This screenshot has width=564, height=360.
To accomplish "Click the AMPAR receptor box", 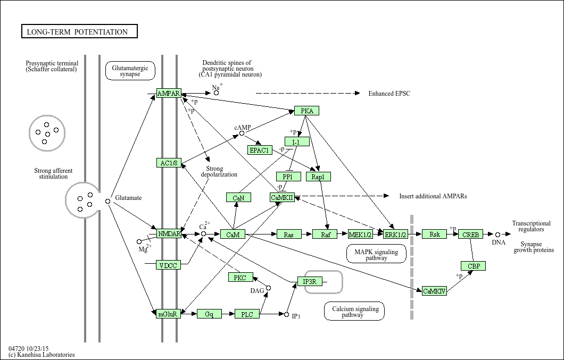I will point(169,94).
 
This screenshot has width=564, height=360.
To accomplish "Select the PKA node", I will point(306,111).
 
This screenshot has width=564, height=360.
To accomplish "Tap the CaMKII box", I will point(282,197).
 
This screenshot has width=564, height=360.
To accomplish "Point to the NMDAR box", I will point(169,233).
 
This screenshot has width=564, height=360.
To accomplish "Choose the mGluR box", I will point(169,314).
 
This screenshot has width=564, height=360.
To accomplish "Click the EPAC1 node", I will point(260,150).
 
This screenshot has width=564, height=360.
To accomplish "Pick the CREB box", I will point(470,234).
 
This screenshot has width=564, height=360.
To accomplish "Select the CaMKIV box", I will point(434,291).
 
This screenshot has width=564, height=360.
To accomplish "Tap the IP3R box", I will point(310,281).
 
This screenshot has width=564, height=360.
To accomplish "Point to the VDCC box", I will point(168,265).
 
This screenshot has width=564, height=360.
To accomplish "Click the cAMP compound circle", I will point(242,133).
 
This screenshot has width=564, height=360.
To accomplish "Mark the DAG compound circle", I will point(268,288).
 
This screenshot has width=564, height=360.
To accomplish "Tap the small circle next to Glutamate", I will point(107,201).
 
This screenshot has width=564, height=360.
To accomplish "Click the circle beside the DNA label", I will point(497,234).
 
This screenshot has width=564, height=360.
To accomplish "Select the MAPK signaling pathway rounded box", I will point(376,254).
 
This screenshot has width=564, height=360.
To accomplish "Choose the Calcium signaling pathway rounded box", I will point(354,312).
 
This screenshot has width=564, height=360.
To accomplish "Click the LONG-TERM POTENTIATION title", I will point(79,32).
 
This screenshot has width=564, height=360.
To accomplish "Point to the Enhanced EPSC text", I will point(389,94).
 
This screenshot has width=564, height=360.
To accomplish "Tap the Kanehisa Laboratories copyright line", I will point(42,355).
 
